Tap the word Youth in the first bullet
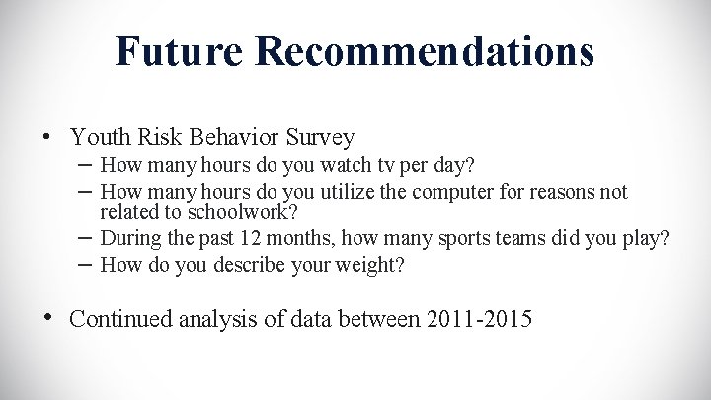click(100, 136)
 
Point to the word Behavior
click(226, 136)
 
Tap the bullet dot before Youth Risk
click(47, 137)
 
